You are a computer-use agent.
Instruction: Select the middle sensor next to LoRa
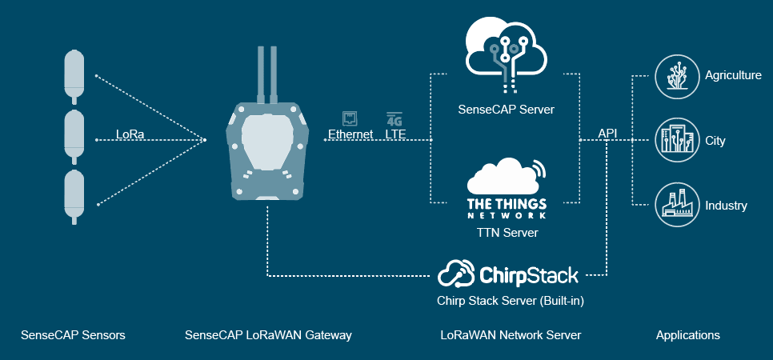74,138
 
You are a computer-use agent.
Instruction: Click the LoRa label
130,134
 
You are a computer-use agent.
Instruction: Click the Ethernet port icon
350,118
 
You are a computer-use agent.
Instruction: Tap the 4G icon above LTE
395,118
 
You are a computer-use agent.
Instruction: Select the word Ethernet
350,134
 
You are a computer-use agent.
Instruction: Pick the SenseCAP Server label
506,109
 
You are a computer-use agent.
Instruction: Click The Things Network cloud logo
506,189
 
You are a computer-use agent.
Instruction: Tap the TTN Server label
506,233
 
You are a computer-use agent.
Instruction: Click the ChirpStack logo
508,275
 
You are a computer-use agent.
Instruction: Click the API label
607,133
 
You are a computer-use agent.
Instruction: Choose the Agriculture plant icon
672,75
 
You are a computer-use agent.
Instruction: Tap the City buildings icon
672,140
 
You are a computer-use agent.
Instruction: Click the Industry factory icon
672,205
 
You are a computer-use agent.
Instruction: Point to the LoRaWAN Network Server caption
511,335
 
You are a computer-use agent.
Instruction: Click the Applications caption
687,335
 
